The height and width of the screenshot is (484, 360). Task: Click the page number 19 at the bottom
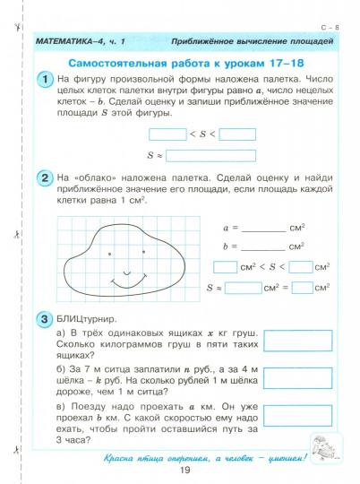(185, 471)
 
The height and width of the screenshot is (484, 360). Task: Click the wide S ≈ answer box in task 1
(210, 154)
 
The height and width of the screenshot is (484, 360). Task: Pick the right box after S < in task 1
(237, 134)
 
